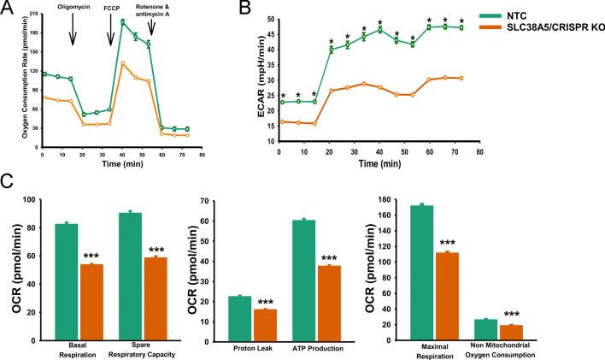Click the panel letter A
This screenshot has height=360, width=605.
8,9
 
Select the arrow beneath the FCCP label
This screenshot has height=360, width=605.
110,35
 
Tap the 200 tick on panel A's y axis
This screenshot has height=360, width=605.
32,17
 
